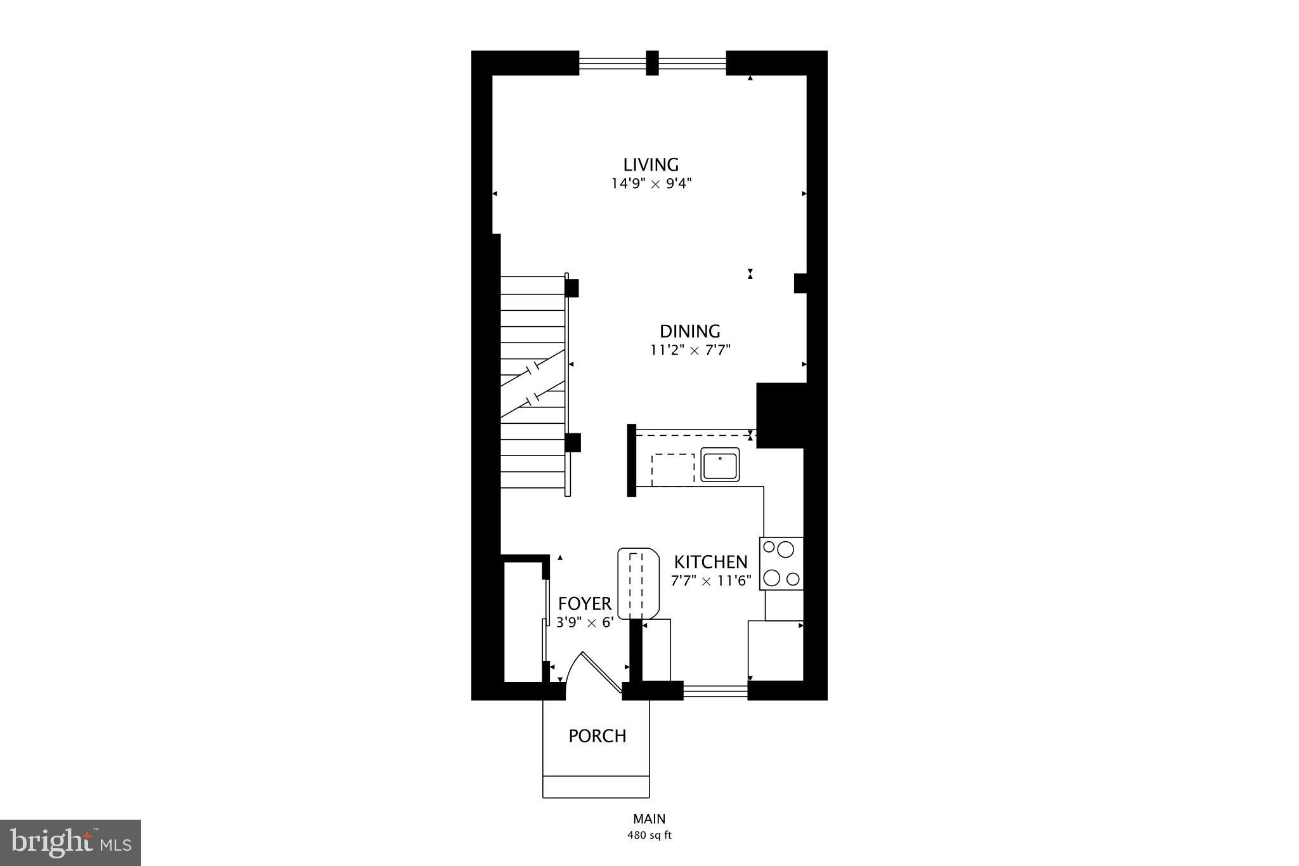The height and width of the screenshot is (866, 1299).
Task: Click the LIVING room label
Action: click(651, 165)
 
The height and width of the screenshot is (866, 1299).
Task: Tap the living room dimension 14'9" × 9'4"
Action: click(651, 184)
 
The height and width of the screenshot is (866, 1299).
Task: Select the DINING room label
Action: click(689, 331)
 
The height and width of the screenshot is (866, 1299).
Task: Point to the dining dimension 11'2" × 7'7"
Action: click(690, 350)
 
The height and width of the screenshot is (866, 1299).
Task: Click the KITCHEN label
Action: click(710, 562)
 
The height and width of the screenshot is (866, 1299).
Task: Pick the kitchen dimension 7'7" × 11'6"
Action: click(710, 581)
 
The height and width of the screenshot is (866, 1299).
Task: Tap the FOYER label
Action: click(585, 603)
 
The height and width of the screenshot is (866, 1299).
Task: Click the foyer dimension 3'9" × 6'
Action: click(585, 622)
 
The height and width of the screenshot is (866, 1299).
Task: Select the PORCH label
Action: click(597, 736)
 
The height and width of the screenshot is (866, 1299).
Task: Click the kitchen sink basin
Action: click(720, 466)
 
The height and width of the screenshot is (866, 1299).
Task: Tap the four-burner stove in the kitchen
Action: click(781, 563)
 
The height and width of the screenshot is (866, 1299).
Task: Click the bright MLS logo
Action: click(70, 843)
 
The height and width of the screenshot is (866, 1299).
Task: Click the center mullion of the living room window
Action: click(652, 63)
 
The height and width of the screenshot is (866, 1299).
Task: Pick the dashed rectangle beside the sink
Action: click(673, 470)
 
